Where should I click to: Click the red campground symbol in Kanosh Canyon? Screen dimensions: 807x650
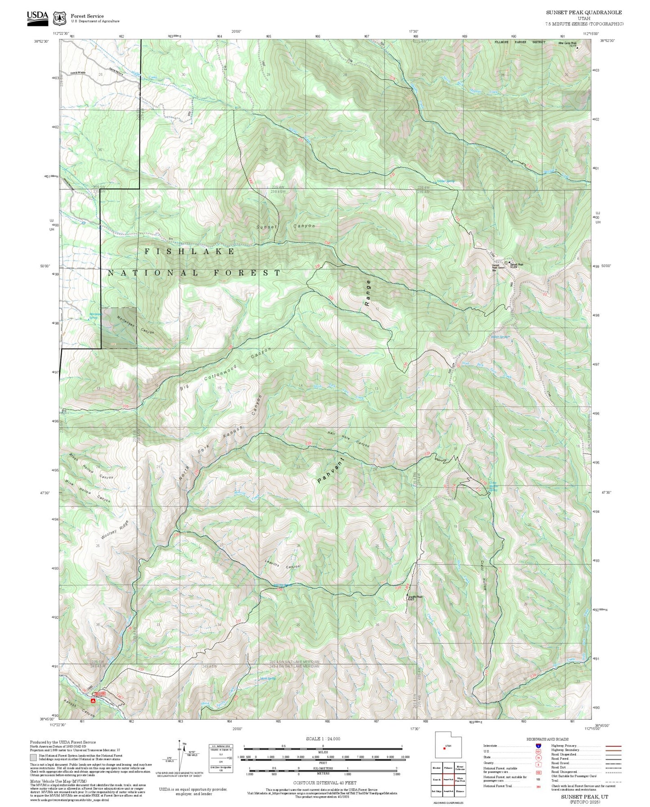(93, 700)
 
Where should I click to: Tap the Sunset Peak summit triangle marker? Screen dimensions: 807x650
(506, 262)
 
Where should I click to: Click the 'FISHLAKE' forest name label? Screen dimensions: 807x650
(189, 251)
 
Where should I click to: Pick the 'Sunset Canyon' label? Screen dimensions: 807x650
(286, 226)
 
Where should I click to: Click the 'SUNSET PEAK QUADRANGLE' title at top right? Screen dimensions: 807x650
(584, 13)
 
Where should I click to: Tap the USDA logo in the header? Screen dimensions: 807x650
(37, 17)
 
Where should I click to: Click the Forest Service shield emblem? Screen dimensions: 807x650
(59, 18)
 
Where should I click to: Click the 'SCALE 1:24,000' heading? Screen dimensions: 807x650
(323, 739)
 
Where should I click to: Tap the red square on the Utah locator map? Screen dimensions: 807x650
(444, 749)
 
